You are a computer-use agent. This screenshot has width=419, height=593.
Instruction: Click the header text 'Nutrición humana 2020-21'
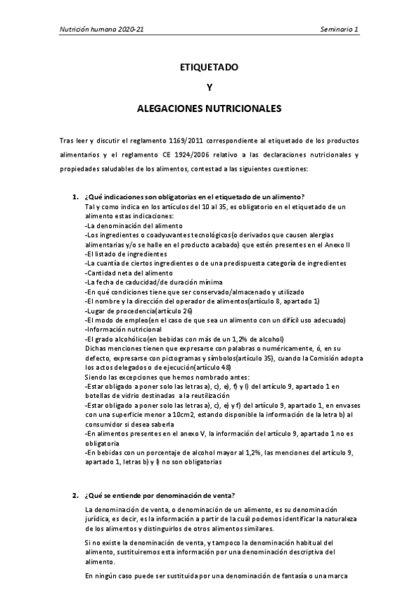pos(102,31)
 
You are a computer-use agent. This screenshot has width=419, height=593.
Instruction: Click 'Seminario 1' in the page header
pos(339,31)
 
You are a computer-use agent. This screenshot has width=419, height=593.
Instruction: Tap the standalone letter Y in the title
pos(209,88)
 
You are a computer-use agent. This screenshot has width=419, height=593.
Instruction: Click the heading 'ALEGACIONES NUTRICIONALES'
pos(209,109)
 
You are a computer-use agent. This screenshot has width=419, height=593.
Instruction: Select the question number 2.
pos(75,495)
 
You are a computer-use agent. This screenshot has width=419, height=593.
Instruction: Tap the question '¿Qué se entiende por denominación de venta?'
pos(160,495)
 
